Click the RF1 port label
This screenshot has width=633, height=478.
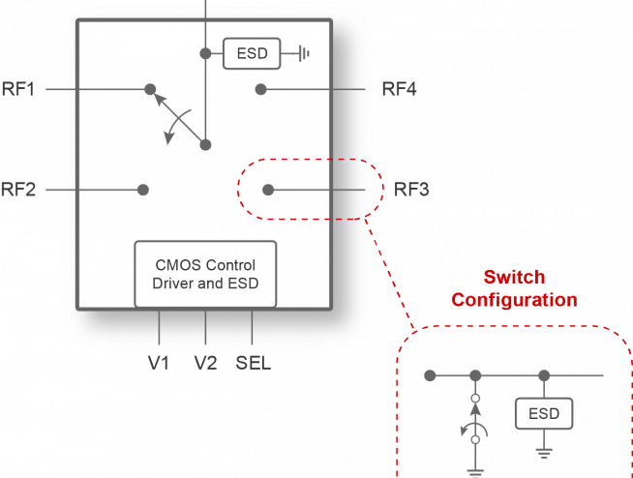click(x=18, y=89)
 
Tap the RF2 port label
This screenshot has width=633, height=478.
click(x=18, y=190)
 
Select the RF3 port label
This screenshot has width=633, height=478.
click(x=411, y=190)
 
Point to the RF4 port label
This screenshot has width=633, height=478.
click(x=400, y=89)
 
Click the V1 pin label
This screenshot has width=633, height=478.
click(x=159, y=363)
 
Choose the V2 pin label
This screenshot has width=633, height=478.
click(x=205, y=363)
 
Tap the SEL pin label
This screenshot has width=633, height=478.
click(x=254, y=363)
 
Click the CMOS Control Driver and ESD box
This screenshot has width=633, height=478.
click(x=205, y=275)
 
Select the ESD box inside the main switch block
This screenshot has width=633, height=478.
click(x=252, y=53)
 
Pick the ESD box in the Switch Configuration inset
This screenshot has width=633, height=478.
click(x=544, y=413)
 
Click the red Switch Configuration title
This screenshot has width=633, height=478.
click(x=514, y=288)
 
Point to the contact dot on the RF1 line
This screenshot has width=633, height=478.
click(x=150, y=89)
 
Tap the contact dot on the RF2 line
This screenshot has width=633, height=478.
click(x=143, y=190)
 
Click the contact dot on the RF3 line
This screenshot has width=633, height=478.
click(x=268, y=190)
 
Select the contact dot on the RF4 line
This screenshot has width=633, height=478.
click(x=260, y=89)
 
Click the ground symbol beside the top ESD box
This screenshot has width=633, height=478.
click(x=304, y=53)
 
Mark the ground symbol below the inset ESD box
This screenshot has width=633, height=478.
click(x=544, y=454)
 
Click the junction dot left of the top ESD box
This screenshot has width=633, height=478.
click(x=205, y=53)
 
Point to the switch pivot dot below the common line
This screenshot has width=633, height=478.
click(x=205, y=144)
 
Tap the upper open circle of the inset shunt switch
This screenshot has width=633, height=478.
click(x=475, y=399)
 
